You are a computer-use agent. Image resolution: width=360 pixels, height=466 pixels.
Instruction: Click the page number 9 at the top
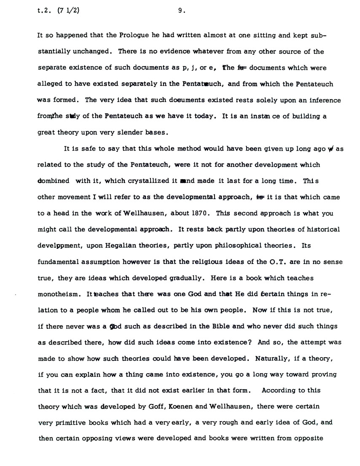pos(180,12)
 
